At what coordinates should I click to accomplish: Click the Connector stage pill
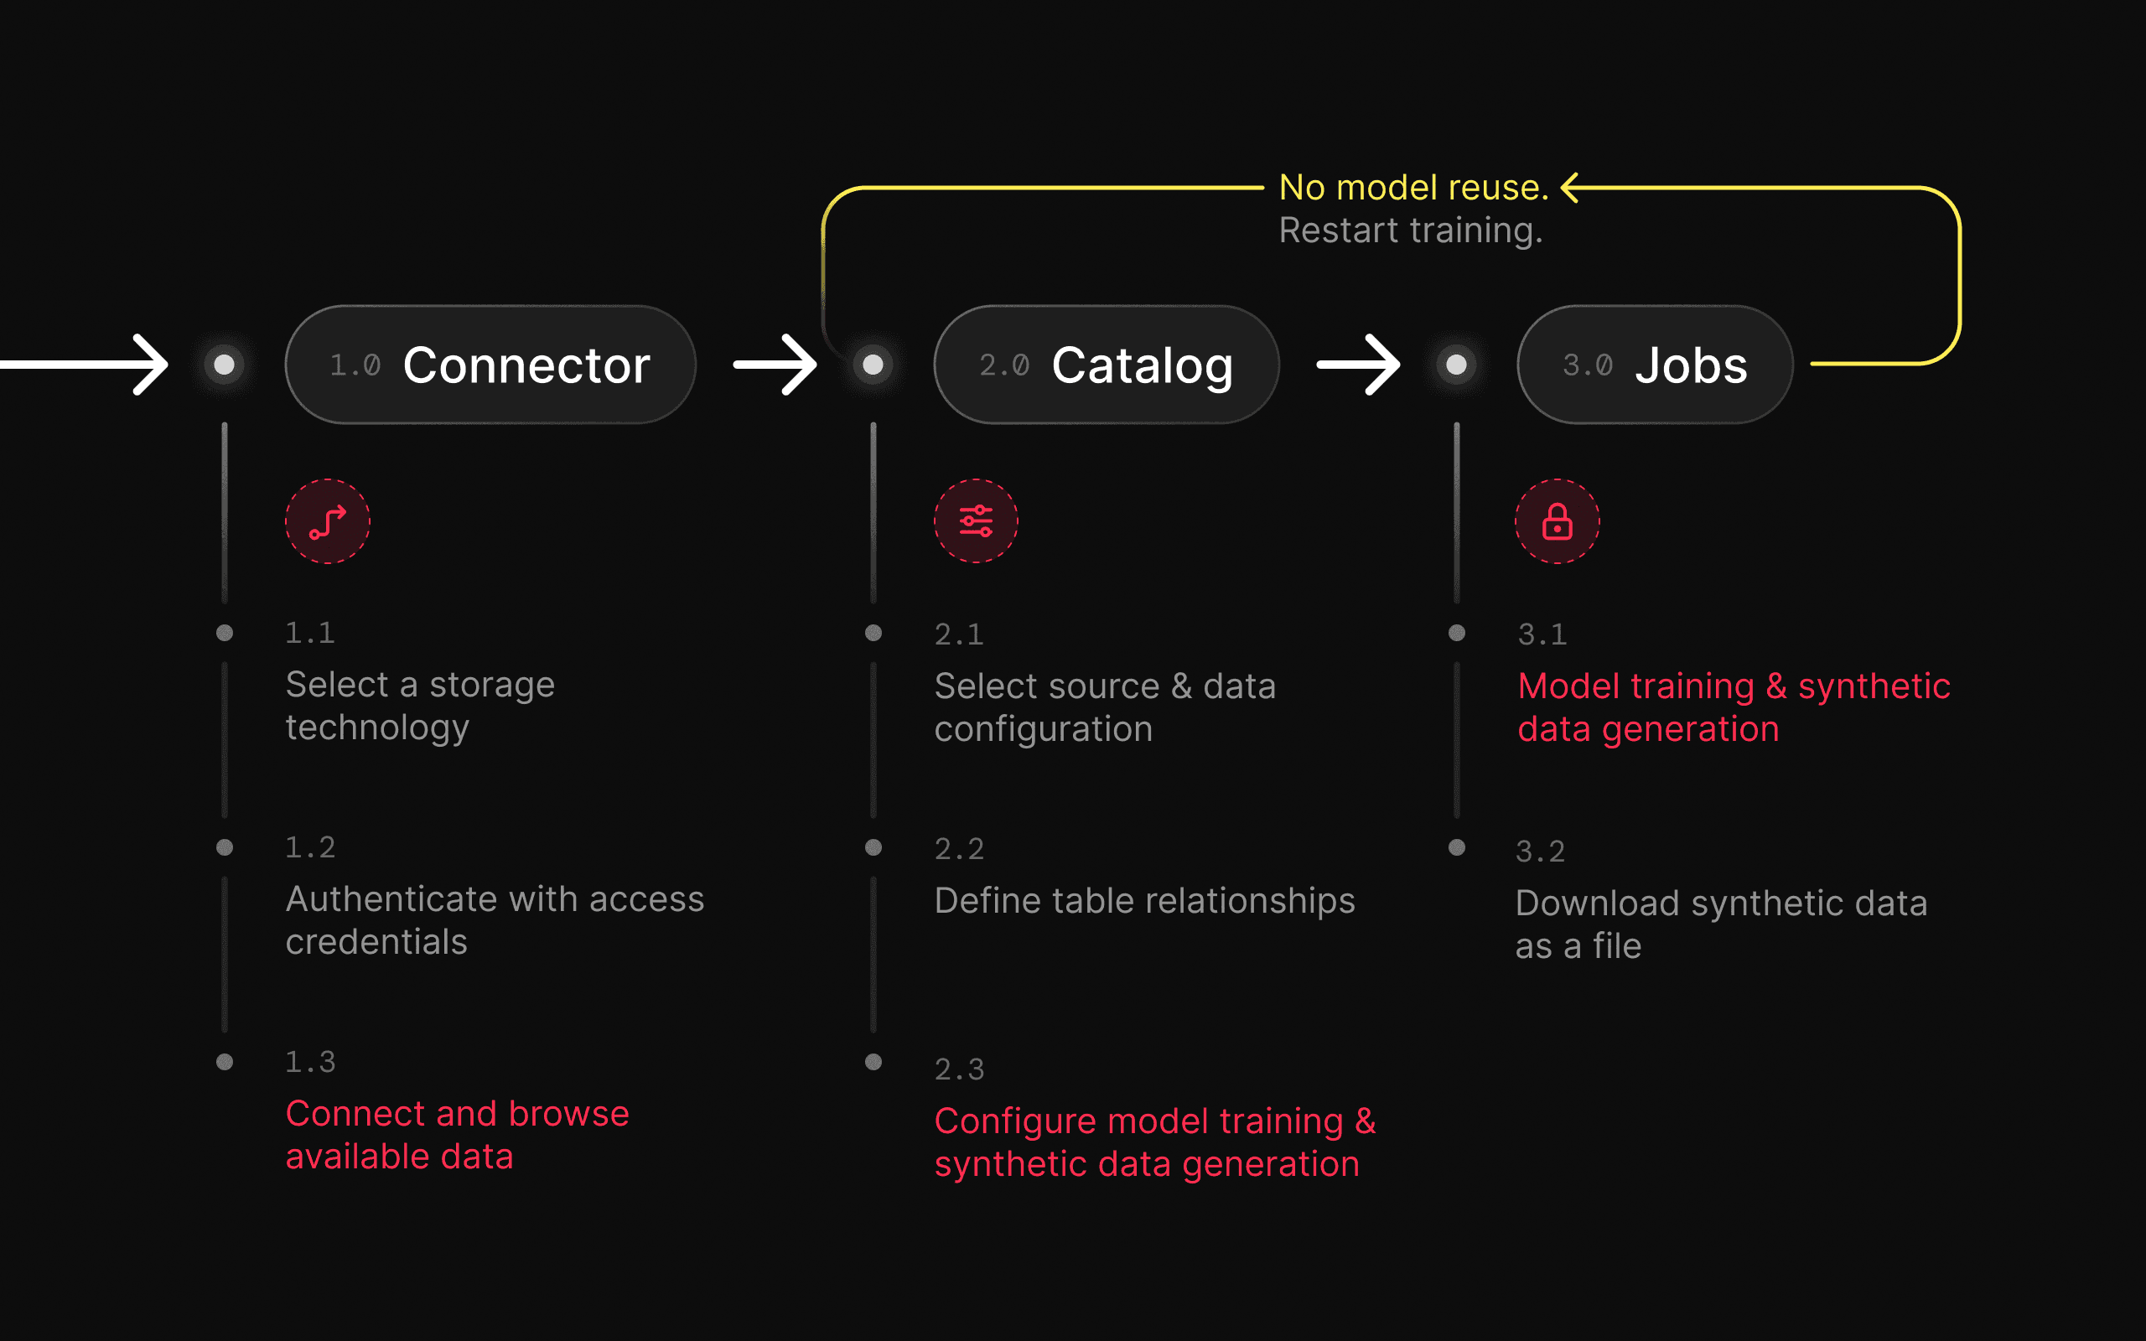coord(490,365)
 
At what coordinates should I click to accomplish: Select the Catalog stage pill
coord(1106,365)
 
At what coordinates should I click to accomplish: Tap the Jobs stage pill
coord(1655,365)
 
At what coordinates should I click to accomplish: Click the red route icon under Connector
coord(327,521)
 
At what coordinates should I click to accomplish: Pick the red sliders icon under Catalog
coord(976,521)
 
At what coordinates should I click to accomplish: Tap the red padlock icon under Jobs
coord(1558,521)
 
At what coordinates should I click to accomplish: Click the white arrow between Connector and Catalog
coord(775,365)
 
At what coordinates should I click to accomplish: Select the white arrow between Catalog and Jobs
coord(1359,365)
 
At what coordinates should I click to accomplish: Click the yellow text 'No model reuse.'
coord(1413,188)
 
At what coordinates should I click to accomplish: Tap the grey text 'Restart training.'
coord(1411,230)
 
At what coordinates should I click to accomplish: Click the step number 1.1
coord(310,634)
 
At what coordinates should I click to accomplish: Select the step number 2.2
coord(960,850)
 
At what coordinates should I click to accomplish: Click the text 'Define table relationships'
coord(1145,901)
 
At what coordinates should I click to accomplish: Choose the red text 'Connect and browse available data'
coord(457,1135)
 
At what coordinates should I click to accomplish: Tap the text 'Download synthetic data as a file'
coord(1720,924)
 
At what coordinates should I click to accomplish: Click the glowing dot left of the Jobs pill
coord(1456,365)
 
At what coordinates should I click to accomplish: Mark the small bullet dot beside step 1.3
coord(225,1062)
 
